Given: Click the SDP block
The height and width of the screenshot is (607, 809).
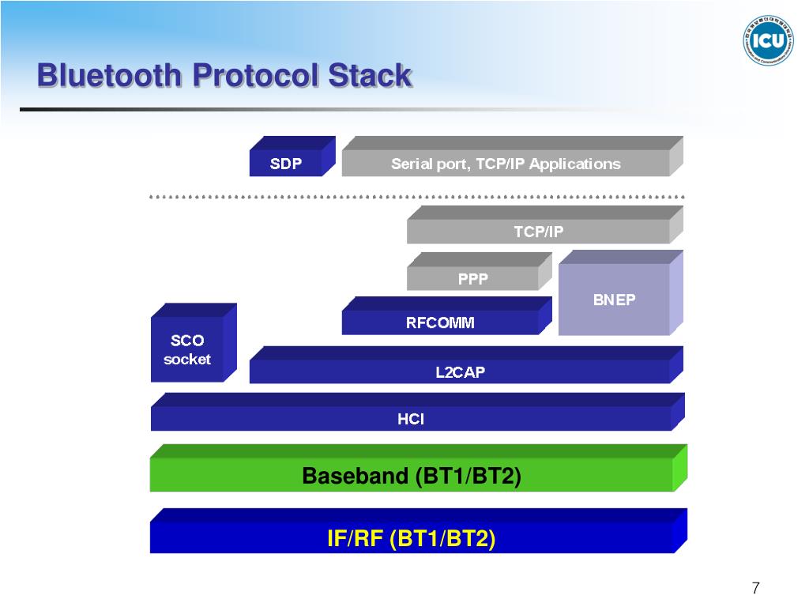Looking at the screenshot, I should point(286,164).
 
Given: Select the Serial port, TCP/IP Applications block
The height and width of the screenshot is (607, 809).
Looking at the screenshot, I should point(506,164).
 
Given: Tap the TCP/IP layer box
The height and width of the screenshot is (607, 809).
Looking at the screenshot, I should point(538,232).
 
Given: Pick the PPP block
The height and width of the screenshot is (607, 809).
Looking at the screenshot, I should point(472,278).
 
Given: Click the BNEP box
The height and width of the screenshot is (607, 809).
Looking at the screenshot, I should point(614,300).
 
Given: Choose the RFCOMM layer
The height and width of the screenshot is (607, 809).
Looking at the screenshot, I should point(440,322).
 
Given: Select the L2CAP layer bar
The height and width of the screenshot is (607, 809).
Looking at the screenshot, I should point(460,371).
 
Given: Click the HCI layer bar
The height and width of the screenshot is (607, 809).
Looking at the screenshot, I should point(411,419).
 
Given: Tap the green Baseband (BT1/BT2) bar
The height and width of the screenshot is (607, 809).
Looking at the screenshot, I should point(412,476).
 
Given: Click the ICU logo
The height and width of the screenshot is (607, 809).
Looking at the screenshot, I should point(767,40).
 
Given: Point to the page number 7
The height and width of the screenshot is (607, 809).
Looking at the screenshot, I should point(756,588).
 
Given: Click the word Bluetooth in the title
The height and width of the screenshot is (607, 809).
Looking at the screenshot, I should point(109,77).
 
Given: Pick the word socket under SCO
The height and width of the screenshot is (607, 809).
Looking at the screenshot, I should point(187,360).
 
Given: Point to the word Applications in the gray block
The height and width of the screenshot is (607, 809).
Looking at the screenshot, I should point(575,164).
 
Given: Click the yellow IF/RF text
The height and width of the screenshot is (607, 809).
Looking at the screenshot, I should point(355,539).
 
